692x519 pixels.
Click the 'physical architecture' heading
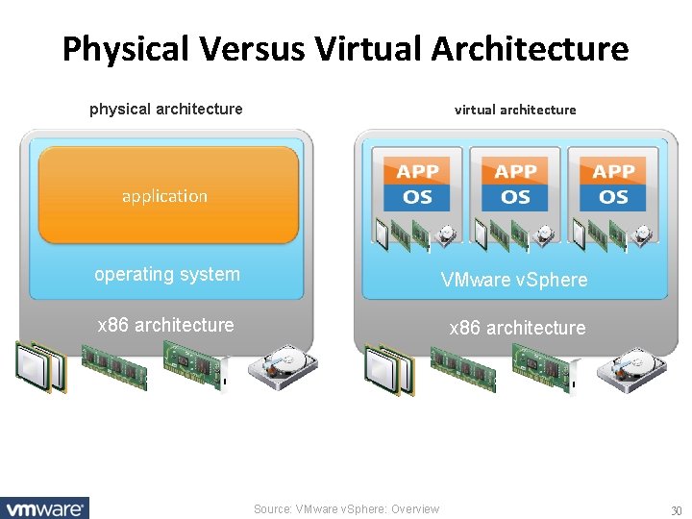[165, 109]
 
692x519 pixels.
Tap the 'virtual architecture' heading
[515, 110]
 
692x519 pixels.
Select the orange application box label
[164, 196]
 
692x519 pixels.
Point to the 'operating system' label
[167, 274]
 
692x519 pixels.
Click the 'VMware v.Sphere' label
[514, 281]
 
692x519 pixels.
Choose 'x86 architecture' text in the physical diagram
[165, 325]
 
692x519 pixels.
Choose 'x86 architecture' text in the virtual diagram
[517, 328]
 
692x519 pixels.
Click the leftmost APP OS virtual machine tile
[418, 185]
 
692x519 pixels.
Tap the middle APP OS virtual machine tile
[516, 185]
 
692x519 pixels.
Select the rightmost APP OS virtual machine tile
[613, 185]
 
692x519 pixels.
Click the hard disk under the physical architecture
[283, 366]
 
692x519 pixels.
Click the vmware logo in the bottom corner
[45, 508]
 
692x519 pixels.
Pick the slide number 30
[676, 509]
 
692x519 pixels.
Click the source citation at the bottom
[346, 509]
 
